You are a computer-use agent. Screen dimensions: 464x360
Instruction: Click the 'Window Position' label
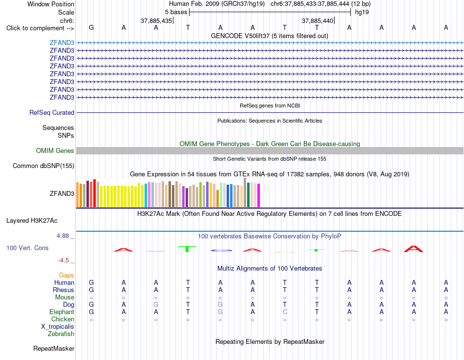(51, 4)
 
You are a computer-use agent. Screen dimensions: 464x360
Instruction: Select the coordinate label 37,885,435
(156, 21)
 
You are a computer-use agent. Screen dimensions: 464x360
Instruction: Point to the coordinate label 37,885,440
(317, 21)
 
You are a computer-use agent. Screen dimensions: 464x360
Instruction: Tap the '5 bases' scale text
(176, 12)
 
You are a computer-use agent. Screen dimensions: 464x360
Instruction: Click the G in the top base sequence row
(91, 27)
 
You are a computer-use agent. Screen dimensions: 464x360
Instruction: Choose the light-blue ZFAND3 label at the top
(62, 42)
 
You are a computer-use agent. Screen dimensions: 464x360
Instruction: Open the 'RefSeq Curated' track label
(52, 112)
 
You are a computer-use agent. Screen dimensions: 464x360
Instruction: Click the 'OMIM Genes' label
(55, 150)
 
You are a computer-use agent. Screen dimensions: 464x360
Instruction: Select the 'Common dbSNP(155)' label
(43, 166)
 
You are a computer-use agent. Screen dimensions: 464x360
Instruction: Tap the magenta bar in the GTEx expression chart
(259, 195)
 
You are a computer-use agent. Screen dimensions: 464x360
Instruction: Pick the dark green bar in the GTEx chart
(248, 195)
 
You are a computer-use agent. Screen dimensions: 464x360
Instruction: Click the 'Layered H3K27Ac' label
(32, 221)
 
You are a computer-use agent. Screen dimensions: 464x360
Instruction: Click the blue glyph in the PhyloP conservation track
(221, 251)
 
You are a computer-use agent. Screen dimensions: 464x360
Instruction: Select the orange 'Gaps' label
(66, 275)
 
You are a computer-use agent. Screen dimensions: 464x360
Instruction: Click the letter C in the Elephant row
(285, 312)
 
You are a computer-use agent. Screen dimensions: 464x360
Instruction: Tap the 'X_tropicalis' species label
(58, 327)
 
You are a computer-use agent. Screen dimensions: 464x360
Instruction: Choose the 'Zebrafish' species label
(61, 334)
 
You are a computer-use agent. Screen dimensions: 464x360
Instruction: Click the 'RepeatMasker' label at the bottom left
(54, 348)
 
